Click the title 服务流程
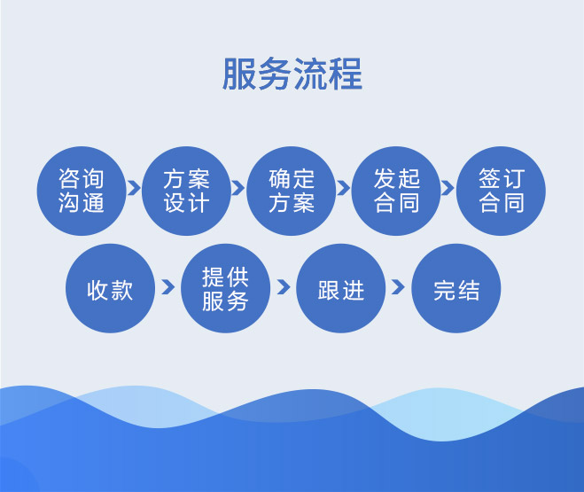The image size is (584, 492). click(x=292, y=74)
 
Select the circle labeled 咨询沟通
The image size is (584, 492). click(x=82, y=191)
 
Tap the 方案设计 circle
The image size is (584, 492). click(x=186, y=191)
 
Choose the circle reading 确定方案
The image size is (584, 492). click(x=292, y=191)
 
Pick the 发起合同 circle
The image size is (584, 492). click(x=396, y=191)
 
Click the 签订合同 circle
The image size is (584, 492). click(x=501, y=191)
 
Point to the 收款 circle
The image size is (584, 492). click(x=110, y=288)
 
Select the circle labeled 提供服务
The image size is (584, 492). click(x=225, y=288)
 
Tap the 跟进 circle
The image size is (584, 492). click(x=341, y=288)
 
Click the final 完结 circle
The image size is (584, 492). click(x=456, y=288)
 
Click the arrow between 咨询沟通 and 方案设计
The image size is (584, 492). click(x=134, y=188)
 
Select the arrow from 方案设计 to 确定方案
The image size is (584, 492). click(x=238, y=188)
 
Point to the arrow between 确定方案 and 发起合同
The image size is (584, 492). click(x=343, y=188)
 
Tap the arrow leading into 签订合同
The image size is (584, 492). click(x=448, y=188)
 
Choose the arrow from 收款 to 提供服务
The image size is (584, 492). click(x=168, y=287)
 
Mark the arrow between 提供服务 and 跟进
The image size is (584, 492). click(x=284, y=287)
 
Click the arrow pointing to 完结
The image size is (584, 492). click(x=398, y=287)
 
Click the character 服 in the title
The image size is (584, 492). click(x=239, y=74)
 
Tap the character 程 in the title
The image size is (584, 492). click(x=346, y=74)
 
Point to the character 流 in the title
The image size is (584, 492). click(x=310, y=74)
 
